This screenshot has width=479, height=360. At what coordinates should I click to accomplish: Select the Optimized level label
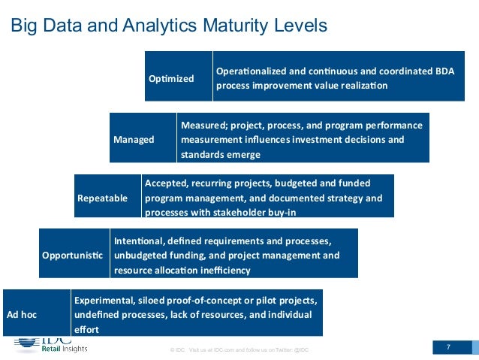pos(171,78)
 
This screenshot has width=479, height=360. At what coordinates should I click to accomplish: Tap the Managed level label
pos(134,139)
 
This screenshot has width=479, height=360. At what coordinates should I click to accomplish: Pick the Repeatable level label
pos(103,198)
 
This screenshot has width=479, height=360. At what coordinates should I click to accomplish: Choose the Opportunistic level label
pos(73,256)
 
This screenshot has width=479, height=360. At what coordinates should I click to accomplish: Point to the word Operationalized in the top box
pos(254,71)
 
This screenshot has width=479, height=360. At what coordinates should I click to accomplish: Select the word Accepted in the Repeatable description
pos(166,183)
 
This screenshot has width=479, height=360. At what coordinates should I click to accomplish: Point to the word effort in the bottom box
pos(86,329)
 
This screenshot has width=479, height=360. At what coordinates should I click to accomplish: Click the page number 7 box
pos(448,347)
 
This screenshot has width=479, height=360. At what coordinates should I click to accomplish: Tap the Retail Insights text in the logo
pos(64,349)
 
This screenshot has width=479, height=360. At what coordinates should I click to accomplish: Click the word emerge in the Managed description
pos(243,154)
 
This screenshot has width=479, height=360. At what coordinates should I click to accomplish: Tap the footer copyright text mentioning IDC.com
pos(239,350)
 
